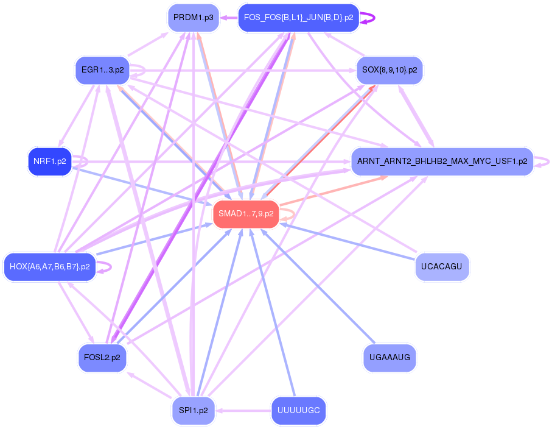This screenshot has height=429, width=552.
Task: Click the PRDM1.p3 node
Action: click(194, 18)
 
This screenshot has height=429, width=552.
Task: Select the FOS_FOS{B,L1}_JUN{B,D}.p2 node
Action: click(298, 18)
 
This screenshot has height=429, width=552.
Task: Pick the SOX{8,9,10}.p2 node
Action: click(390, 70)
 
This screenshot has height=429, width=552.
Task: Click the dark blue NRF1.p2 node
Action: click(50, 161)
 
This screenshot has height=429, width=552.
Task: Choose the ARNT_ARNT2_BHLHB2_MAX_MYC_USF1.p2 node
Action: click(442, 161)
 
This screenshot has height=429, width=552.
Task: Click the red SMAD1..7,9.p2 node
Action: click(246, 214)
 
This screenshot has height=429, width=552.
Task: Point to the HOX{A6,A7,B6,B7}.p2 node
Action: click(50, 266)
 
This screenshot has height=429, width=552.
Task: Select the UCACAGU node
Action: click(442, 266)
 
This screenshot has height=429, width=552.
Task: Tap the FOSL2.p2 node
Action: click(102, 358)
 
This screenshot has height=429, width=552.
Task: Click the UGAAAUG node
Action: click(390, 358)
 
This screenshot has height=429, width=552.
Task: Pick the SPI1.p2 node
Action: click(194, 410)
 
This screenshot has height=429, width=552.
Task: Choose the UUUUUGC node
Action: click(298, 410)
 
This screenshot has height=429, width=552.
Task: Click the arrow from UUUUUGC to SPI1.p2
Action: click(243, 410)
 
